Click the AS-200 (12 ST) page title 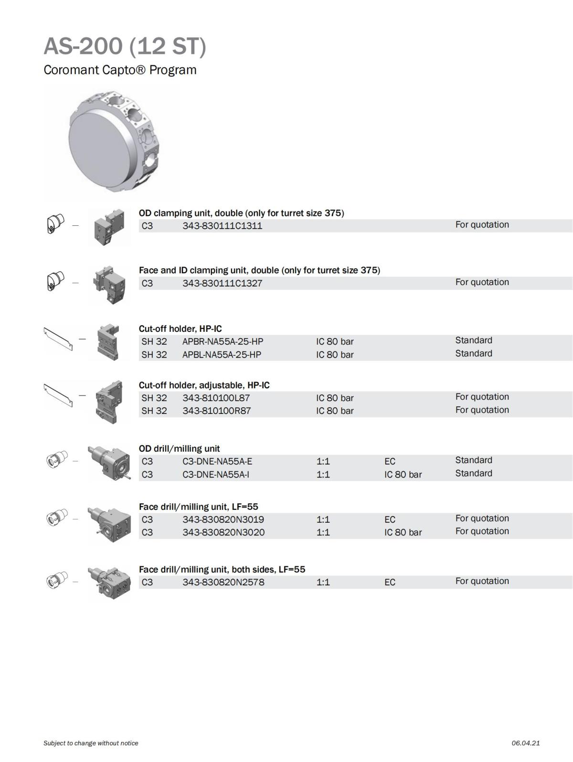125,46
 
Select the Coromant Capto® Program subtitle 120,70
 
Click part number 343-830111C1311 222,226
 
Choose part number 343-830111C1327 222,283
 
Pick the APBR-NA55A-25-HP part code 223,341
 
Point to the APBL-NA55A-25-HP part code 222,354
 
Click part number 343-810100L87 216,398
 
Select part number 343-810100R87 217,411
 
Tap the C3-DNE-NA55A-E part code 217,461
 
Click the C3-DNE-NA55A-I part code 216,474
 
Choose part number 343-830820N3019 223,519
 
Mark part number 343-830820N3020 223,532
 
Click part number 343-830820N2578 223,582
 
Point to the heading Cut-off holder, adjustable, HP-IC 204,385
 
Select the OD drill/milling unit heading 180,448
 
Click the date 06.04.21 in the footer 525,743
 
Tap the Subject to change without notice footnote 91,743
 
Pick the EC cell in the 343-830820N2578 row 390,582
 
